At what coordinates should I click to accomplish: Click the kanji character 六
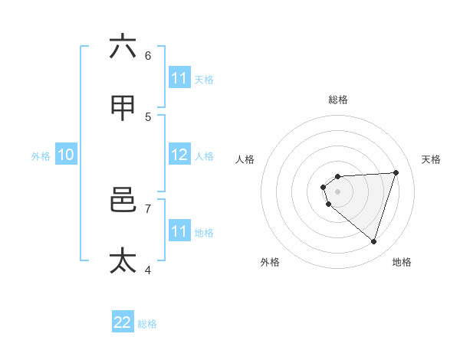[x=123, y=47]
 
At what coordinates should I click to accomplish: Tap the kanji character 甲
[x=123, y=108]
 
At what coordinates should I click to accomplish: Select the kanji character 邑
[x=123, y=200]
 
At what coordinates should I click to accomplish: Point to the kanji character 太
[x=123, y=260]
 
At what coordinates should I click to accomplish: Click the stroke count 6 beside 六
[x=148, y=55]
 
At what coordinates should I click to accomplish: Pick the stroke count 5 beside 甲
[x=148, y=116]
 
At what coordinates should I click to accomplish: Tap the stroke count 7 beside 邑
[x=148, y=208]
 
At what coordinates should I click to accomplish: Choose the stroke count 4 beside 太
[x=148, y=269]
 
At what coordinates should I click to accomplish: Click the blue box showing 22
[x=123, y=322]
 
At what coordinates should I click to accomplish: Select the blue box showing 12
[x=179, y=155]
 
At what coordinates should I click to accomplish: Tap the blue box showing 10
[x=66, y=155]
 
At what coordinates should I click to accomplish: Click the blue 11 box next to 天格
[x=179, y=78]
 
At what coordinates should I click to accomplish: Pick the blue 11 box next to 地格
[x=179, y=231]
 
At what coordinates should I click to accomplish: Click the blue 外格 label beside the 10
[x=41, y=156]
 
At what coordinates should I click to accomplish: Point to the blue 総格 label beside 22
[x=147, y=324]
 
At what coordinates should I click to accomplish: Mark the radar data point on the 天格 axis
[x=396, y=172]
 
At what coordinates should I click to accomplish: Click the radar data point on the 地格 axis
[x=373, y=241]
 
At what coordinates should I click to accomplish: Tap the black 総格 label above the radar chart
[x=338, y=100]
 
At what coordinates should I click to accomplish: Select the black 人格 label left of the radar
[x=245, y=159]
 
